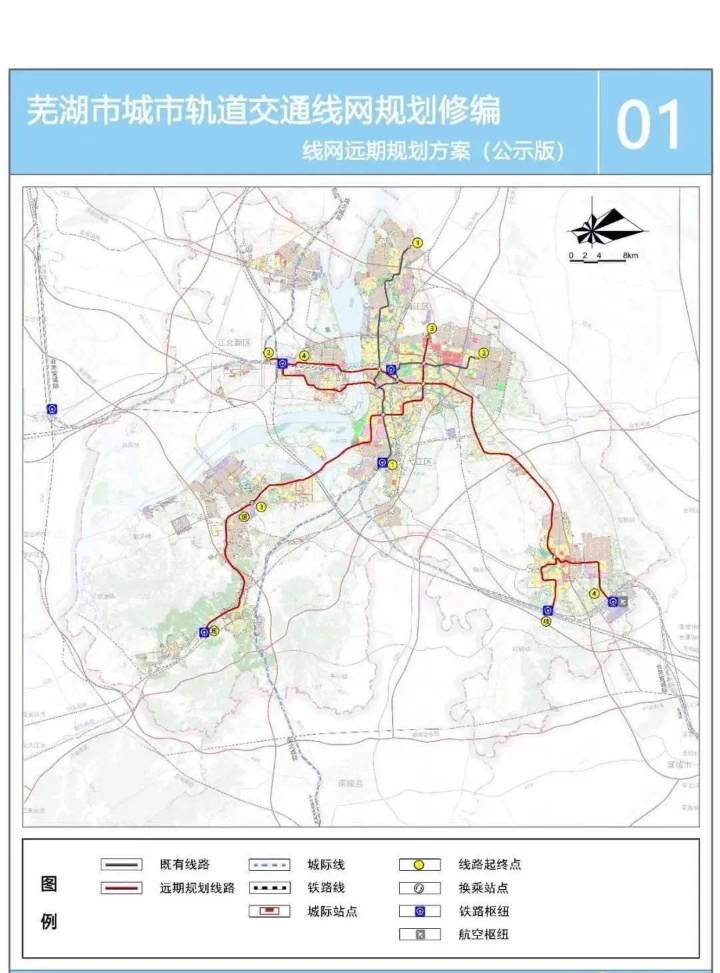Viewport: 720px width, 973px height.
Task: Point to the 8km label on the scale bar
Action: click(630, 255)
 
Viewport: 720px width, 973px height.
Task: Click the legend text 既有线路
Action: click(185, 864)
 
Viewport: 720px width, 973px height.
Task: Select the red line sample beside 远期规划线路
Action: click(121, 888)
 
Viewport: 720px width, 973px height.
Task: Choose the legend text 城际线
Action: click(326, 864)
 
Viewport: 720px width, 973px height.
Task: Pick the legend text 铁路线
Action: click(326, 888)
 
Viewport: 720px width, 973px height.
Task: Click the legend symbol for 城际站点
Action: click(269, 911)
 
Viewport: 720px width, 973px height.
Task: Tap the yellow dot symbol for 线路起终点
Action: click(419, 865)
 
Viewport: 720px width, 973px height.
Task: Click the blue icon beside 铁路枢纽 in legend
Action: click(419, 911)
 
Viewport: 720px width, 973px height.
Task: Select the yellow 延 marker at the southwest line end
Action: click(214, 630)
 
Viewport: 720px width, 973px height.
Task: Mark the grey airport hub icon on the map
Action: click(623, 602)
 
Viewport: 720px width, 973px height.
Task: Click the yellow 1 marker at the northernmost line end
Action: click(418, 243)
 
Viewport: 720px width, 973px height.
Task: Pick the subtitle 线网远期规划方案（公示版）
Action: click(433, 151)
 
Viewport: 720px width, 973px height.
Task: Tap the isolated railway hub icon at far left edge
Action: click(52, 408)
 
